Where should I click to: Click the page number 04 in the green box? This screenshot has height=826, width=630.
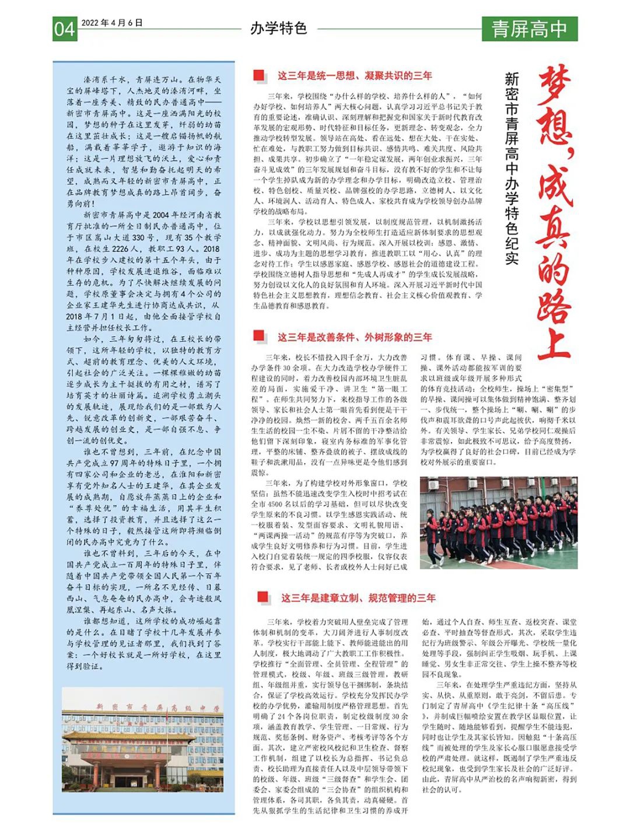(x=65, y=29)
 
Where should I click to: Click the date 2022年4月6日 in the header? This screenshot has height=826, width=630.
(x=111, y=23)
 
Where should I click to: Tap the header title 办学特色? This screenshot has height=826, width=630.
(x=278, y=28)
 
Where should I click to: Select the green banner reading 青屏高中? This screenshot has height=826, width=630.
(x=529, y=29)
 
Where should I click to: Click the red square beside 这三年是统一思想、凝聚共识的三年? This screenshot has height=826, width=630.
(x=259, y=75)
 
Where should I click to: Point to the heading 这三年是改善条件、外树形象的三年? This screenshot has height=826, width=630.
(x=355, y=337)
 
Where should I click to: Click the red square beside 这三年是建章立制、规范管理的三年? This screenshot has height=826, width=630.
(x=262, y=597)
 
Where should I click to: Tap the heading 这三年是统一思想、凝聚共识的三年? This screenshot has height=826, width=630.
(x=355, y=75)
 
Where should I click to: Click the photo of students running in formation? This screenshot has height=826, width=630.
(x=499, y=523)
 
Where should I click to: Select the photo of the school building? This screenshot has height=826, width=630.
(x=143, y=740)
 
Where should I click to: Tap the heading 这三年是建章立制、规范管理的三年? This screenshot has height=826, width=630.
(x=358, y=597)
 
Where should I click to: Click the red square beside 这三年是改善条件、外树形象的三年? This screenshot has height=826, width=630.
(x=259, y=336)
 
